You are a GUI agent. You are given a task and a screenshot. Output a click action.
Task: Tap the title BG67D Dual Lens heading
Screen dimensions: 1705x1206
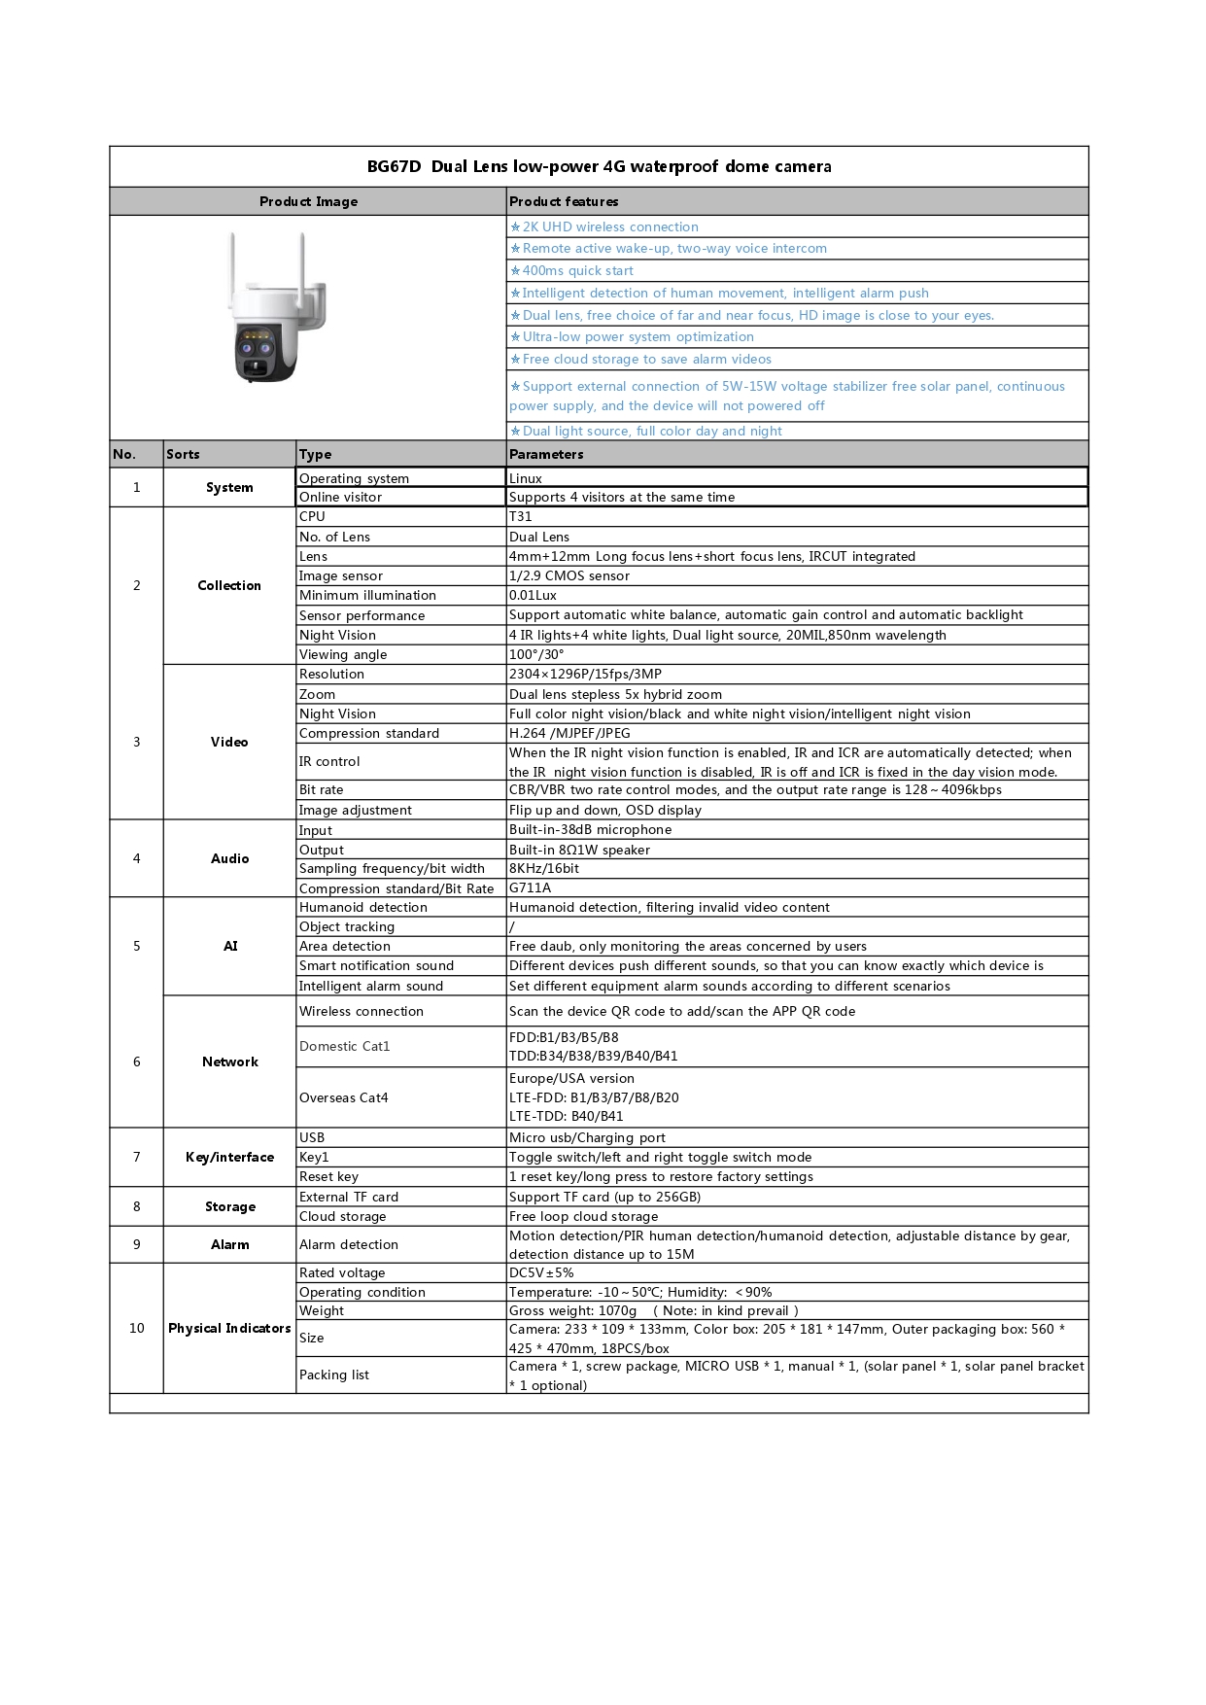[x=599, y=166]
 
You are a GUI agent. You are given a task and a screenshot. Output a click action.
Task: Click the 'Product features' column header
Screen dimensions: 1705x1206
[x=564, y=201]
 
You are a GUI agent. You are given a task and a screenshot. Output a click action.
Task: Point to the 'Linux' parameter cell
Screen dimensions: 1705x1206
[x=526, y=478]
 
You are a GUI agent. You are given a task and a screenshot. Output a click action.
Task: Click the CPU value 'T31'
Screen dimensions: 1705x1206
[x=521, y=517]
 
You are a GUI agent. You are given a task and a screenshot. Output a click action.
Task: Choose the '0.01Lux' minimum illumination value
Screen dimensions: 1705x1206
[x=533, y=595]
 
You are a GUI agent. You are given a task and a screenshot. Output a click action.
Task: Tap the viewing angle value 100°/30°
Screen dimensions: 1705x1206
[x=536, y=654]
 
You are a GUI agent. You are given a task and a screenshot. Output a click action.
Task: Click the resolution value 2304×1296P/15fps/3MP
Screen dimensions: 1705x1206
[x=585, y=674]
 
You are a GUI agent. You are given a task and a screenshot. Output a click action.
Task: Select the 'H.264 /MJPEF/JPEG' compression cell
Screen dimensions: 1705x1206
[x=569, y=733]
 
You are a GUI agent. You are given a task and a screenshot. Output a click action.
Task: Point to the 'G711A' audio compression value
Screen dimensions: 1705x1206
[x=531, y=887]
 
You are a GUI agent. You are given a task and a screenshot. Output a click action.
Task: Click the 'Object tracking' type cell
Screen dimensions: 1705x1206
[x=347, y=926]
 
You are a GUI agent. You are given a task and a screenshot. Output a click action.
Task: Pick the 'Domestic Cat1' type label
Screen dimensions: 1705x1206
[x=345, y=1046]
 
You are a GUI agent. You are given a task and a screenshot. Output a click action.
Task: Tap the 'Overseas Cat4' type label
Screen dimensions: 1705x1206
[x=344, y=1097]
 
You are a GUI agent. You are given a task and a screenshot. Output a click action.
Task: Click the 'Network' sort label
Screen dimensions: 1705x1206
[x=230, y=1061]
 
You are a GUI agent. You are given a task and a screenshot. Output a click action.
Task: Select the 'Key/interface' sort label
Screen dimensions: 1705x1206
[x=230, y=1157]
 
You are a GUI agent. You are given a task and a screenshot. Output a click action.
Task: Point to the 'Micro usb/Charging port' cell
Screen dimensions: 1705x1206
[x=587, y=1137]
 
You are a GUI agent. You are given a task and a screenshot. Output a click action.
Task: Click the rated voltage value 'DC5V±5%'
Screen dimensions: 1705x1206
[x=541, y=1272]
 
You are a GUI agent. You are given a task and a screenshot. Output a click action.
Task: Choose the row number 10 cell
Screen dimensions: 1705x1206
[x=136, y=1328]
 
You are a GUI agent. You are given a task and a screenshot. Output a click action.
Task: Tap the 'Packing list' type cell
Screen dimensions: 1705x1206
[x=334, y=1374]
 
